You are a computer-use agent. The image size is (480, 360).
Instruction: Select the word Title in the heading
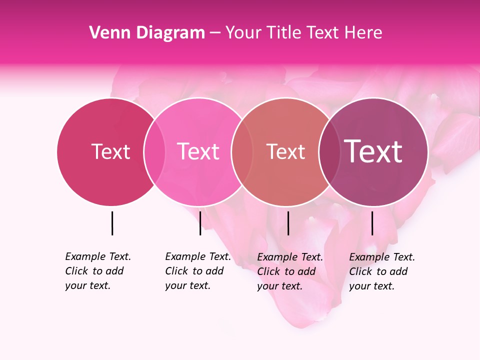coord(284,33)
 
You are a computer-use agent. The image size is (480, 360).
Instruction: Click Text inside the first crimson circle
coord(110,151)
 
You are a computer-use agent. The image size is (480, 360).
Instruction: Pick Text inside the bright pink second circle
coord(198,151)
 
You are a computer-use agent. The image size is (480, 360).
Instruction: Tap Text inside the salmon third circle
coord(285,151)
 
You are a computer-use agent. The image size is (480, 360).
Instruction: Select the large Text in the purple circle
coord(373,151)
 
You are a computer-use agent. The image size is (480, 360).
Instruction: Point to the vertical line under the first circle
coord(112,223)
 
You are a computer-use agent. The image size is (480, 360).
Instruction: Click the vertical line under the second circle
coord(200,223)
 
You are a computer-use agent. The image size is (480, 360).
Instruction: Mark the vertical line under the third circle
coord(288,223)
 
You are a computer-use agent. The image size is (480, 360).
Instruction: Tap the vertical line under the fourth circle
coord(372,223)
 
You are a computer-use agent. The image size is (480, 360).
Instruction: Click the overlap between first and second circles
coord(154,151)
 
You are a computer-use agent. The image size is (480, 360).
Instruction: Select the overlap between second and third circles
coord(242,151)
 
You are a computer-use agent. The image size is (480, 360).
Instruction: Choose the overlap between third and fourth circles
coord(329,151)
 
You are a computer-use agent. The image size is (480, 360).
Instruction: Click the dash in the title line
coord(215,33)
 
